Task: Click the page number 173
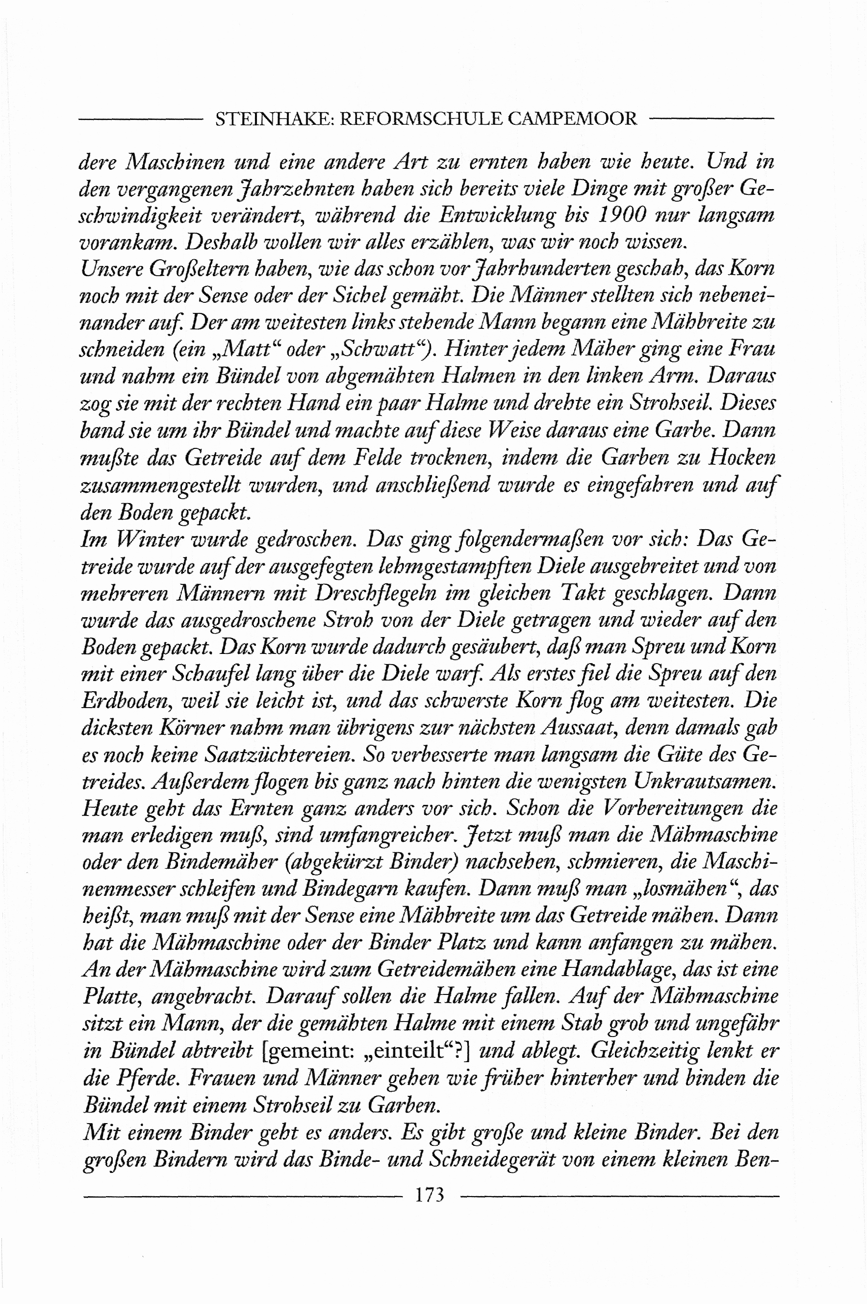(430, 1195)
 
